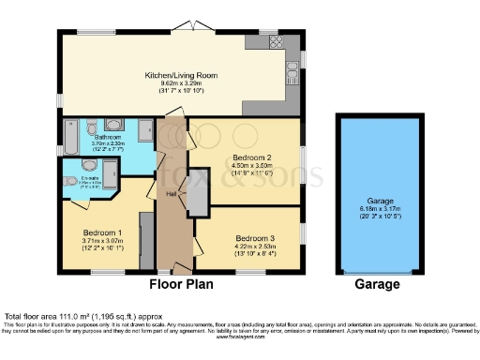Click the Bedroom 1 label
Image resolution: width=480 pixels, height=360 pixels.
[102, 232]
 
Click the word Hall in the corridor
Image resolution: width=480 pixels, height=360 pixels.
[172, 193]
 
